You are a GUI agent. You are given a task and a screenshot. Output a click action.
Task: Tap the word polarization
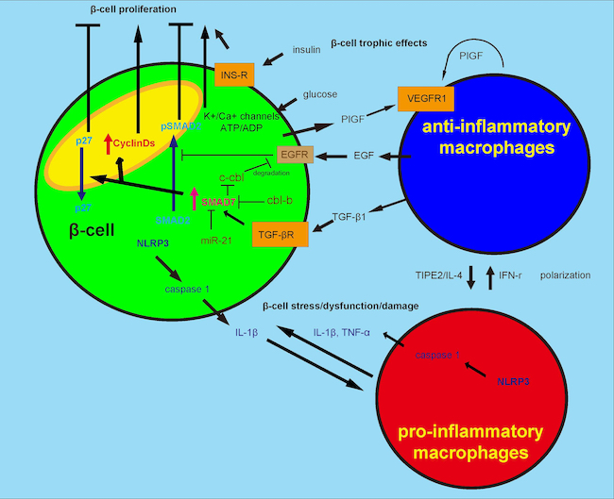564,275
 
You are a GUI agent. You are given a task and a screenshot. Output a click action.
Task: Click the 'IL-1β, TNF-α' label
342,332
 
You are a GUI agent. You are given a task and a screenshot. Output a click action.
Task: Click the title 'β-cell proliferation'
89,8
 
